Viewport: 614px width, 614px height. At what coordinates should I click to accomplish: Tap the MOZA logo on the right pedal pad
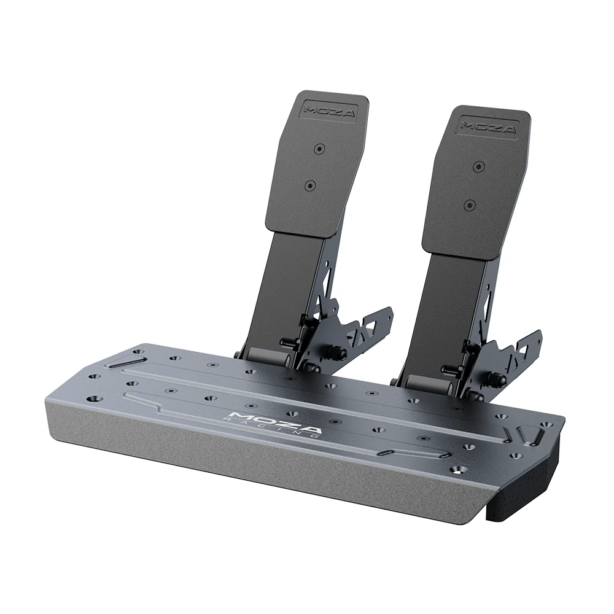489,126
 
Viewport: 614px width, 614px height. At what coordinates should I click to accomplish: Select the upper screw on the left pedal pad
318,149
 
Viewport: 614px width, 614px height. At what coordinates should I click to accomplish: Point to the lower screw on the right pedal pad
470,204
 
